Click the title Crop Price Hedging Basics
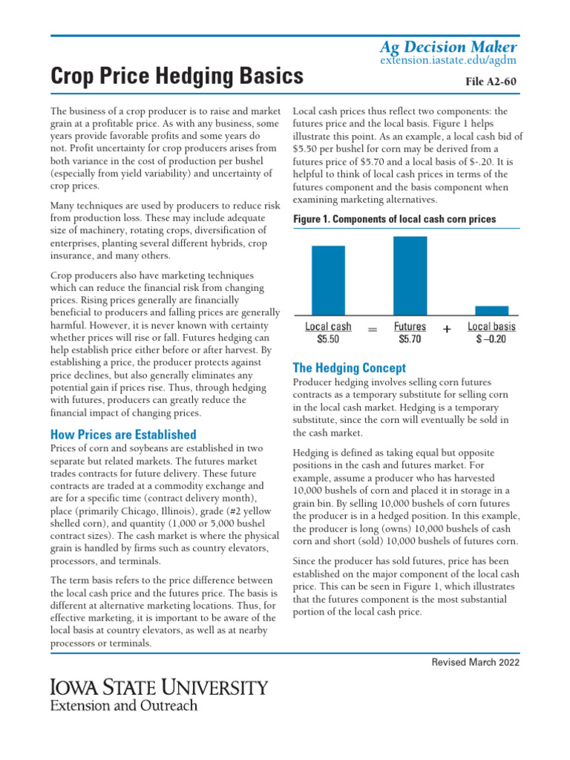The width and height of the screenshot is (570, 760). (177, 76)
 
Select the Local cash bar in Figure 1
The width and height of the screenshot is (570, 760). (328, 280)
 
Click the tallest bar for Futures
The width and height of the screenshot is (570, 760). (410, 275)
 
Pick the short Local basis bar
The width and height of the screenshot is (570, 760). (491, 310)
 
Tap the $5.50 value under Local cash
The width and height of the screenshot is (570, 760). (328, 339)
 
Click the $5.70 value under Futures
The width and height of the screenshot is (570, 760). (410, 339)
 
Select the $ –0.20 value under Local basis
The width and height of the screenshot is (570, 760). (491, 339)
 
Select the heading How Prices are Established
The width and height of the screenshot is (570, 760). (123, 435)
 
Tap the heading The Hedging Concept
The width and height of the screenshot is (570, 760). (350, 367)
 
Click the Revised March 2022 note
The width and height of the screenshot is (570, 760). (476, 662)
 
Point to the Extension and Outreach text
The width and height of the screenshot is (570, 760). (123, 705)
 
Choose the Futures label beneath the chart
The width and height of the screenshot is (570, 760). (410, 327)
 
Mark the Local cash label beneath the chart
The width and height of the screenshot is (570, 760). (328, 327)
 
